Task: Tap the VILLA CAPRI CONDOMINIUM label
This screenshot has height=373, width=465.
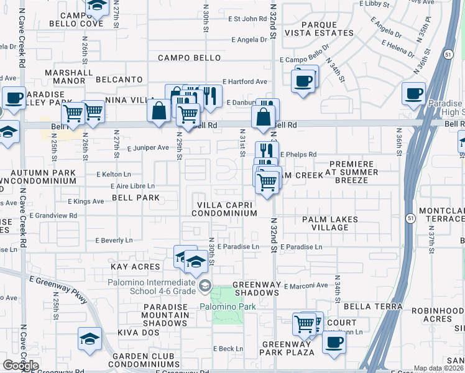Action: click(x=224, y=209)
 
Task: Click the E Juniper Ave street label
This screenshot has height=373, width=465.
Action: click(x=148, y=148)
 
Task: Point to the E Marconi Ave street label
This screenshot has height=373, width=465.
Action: click(x=305, y=286)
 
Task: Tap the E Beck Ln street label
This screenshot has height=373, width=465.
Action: click(x=228, y=349)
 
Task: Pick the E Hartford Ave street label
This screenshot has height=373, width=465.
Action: click(x=244, y=81)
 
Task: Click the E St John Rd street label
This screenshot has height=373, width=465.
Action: click(x=247, y=19)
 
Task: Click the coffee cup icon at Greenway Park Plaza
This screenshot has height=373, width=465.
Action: click(x=334, y=342)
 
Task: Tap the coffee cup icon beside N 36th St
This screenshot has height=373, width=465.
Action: click(x=413, y=94)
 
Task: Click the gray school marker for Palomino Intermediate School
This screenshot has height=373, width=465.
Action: click(x=204, y=285)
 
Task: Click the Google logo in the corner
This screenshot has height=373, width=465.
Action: click(x=21, y=366)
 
